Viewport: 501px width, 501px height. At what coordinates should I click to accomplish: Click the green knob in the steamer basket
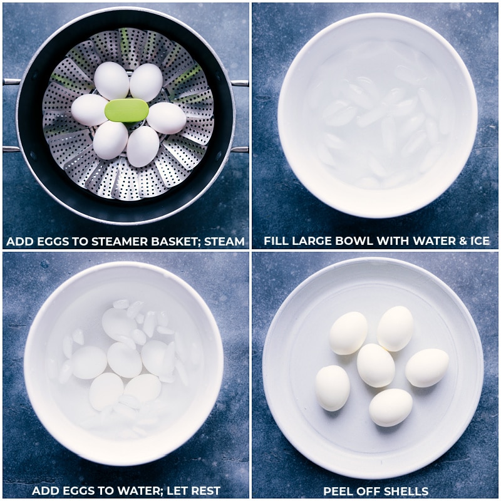click(127, 111)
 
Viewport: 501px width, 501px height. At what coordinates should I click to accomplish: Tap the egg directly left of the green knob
click(90, 110)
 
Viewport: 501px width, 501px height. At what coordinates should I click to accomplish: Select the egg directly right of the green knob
click(167, 118)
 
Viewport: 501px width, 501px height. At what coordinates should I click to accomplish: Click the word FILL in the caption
click(276, 241)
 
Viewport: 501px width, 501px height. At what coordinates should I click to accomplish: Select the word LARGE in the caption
click(311, 241)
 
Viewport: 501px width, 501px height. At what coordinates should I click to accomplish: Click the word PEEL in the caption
click(338, 490)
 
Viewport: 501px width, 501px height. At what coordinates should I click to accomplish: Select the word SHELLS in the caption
click(407, 490)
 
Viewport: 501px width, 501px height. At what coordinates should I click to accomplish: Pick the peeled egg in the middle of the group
click(376, 365)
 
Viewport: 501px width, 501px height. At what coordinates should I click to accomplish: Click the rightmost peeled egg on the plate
click(427, 368)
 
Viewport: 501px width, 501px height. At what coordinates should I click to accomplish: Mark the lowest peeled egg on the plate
click(391, 407)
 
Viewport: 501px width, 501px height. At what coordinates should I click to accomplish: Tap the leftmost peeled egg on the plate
click(333, 388)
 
